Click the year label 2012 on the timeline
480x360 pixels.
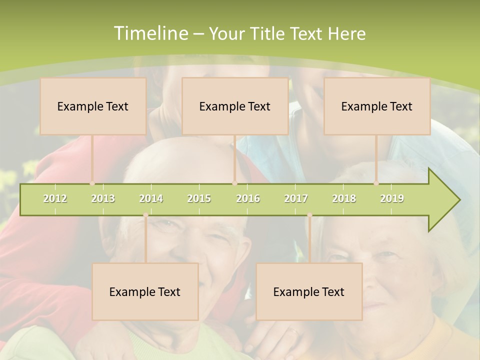click(55, 199)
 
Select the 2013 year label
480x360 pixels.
click(103, 199)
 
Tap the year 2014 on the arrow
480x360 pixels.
click(151, 199)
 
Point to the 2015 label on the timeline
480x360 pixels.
click(199, 199)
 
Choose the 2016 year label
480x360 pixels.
click(248, 199)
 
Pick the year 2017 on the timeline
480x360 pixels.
click(296, 199)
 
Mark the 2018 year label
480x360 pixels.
click(344, 199)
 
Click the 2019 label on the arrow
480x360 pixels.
click(392, 199)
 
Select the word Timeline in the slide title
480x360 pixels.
click(150, 33)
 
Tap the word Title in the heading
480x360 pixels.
click(268, 33)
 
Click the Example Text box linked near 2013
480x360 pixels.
click(93, 106)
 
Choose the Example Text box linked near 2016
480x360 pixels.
click(235, 106)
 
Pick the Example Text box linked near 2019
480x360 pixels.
click(377, 106)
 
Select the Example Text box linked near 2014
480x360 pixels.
click(145, 291)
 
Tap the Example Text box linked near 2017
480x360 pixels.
click(309, 291)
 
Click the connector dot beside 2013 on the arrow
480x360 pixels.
click(92, 183)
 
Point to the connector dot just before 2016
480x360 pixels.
click(234, 183)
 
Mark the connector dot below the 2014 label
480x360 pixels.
click(145, 215)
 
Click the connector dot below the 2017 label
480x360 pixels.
click(309, 215)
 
